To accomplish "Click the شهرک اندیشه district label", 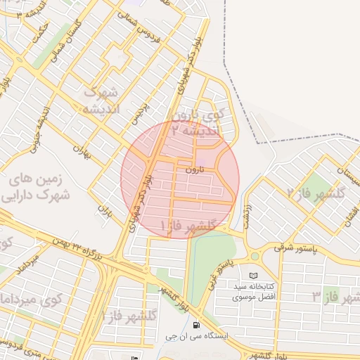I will tap(102, 100).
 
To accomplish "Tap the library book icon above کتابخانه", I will tap(253, 275).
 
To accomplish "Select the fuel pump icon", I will tap(195, 325).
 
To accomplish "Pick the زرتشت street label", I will tap(246, 215).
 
